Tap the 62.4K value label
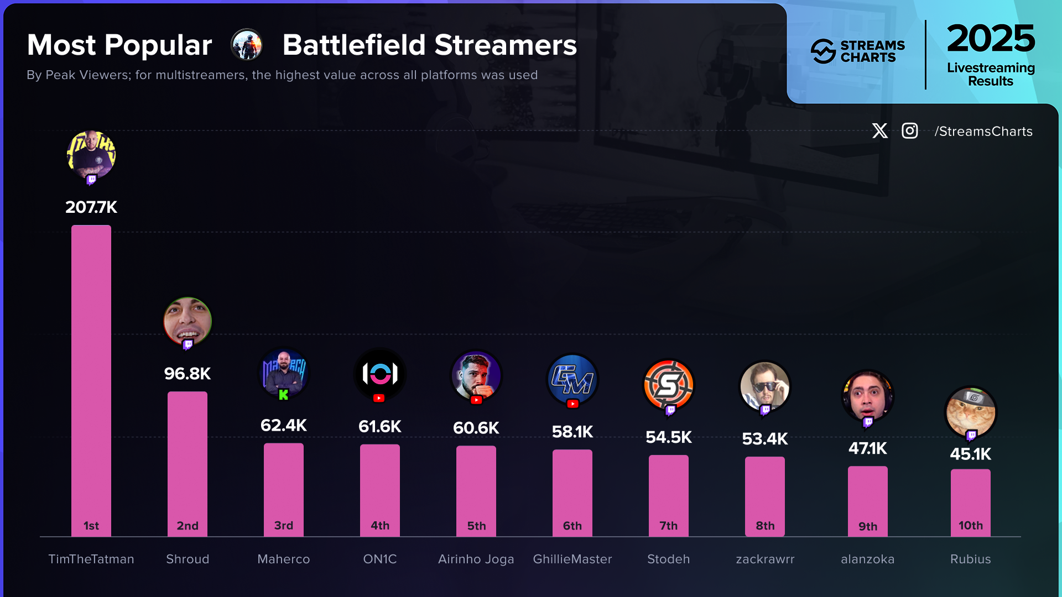(283, 425)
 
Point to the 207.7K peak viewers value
(91, 207)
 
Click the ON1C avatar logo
(380, 374)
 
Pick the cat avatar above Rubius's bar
(970, 412)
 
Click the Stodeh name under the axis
(668, 559)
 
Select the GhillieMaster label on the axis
(572, 559)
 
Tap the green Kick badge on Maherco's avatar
(283, 395)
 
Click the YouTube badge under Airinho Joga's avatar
(476, 400)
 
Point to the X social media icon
(879, 131)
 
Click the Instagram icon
(910, 131)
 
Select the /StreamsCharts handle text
(983, 131)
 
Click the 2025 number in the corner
(990, 39)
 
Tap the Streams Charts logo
(857, 51)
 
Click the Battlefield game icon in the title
(247, 45)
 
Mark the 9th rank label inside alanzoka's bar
(867, 526)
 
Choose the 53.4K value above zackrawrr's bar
(764, 439)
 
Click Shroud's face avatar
(188, 321)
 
